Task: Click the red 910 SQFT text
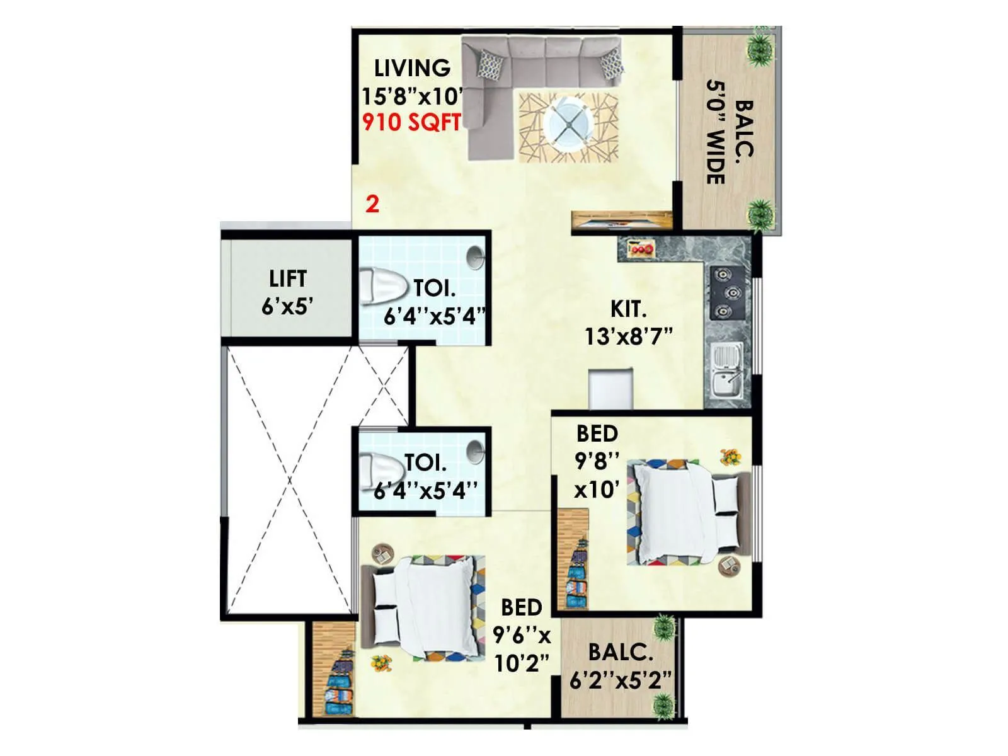(x=411, y=122)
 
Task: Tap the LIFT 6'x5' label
(x=288, y=292)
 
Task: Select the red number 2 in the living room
(x=372, y=204)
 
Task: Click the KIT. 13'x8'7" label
(x=629, y=323)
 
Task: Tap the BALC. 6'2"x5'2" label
(x=620, y=666)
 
